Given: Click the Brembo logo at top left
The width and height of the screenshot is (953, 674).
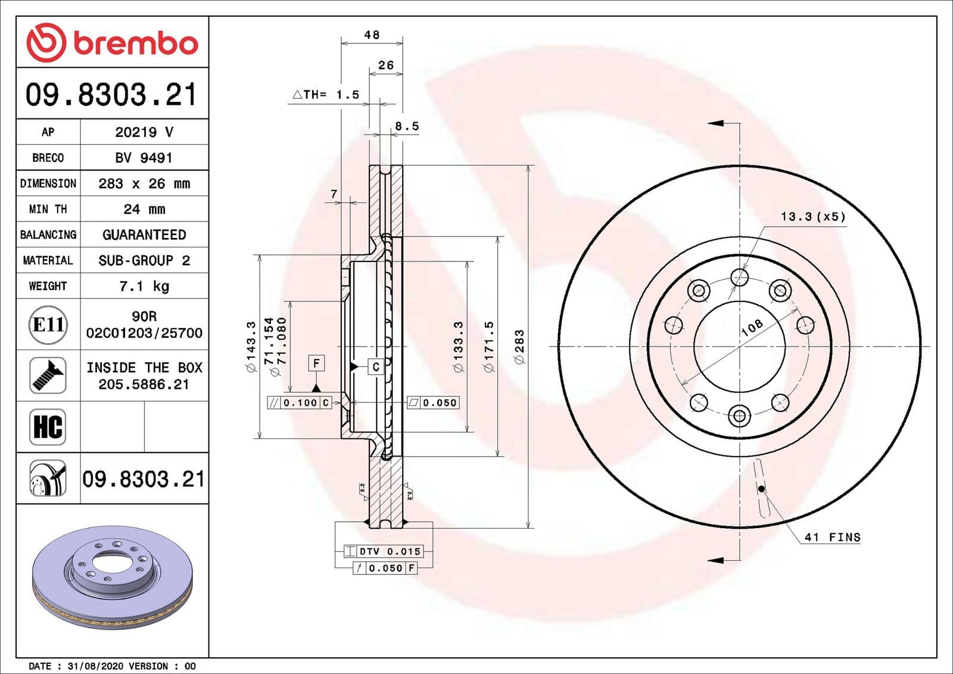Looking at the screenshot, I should [x=112, y=43].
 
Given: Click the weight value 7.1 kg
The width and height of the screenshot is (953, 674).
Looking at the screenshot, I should [x=144, y=286].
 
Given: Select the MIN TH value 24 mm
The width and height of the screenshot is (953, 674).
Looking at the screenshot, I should [x=144, y=210].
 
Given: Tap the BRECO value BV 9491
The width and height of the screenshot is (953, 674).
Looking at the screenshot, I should [x=144, y=158].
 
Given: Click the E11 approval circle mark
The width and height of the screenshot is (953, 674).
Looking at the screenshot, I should [x=48, y=324].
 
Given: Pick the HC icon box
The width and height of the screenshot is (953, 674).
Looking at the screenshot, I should [x=48, y=427].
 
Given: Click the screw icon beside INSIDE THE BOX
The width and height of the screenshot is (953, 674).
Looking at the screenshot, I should [x=48, y=376].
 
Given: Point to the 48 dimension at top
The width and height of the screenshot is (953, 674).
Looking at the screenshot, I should [x=372, y=35].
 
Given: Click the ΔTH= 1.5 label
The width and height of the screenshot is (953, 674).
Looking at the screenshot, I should [x=326, y=95].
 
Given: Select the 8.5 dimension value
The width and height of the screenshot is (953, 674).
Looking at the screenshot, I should [x=407, y=126].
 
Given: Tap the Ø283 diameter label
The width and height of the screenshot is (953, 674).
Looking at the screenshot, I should [x=519, y=347].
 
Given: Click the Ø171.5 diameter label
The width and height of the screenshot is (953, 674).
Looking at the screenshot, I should [x=489, y=347].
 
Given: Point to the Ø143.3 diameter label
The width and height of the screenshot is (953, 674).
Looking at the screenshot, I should [x=251, y=347].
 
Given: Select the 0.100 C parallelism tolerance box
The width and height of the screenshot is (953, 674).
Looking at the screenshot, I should [x=300, y=402].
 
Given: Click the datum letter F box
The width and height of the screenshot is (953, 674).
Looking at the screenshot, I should [x=316, y=363].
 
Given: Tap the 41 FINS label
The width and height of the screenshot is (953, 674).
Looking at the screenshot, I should [x=832, y=537].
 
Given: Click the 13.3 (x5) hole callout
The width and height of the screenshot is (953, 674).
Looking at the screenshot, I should [x=813, y=217].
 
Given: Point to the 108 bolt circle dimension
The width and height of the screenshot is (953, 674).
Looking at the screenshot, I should [x=752, y=327].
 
